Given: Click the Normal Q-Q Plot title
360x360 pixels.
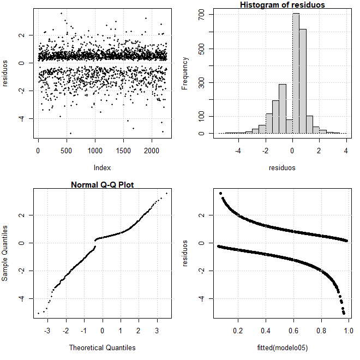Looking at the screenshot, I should (103, 185).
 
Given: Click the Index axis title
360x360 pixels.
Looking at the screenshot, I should (103, 168).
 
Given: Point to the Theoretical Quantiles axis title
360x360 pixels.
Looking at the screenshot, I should (103, 347).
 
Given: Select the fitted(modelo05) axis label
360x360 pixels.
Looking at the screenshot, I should (283, 347).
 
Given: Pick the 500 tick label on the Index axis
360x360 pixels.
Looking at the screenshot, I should (67, 151).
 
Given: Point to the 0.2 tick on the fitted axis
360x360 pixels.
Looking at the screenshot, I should (238, 331).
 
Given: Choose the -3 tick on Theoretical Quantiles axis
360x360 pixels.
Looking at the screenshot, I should (47, 331).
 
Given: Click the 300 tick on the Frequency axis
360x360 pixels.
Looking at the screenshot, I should (201, 83).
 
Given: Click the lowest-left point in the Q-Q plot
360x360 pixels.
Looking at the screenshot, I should (38, 313).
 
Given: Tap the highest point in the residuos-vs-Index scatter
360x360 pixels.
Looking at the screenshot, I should (61, 13).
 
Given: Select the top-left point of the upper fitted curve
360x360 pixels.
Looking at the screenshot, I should (220, 193).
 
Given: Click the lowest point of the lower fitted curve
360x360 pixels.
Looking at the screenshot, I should (344, 313).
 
